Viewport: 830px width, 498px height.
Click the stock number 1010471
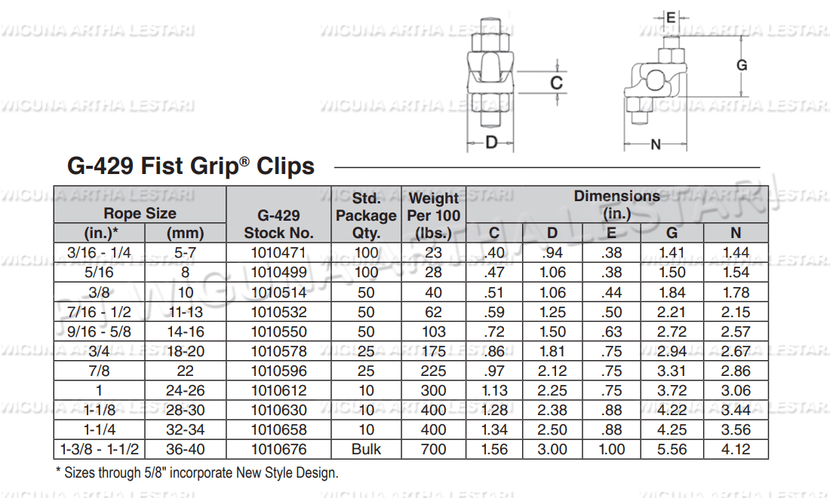click(x=278, y=253)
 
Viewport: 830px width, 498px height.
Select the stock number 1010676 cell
click(x=278, y=449)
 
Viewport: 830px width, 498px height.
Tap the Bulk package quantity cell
click(x=366, y=449)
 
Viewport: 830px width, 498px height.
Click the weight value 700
click(x=433, y=449)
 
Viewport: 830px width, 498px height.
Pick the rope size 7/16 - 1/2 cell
click(x=99, y=312)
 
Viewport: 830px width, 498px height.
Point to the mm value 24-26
click(x=185, y=390)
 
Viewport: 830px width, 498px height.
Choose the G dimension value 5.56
click(x=672, y=449)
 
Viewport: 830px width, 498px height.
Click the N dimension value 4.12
click(x=736, y=449)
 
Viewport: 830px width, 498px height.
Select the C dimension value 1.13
click(x=493, y=390)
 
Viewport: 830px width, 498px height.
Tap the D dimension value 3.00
click(x=553, y=449)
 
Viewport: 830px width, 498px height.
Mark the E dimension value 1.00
click(x=611, y=449)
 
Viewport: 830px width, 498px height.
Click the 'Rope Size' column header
click(x=140, y=213)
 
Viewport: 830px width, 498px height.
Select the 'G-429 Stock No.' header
click(x=278, y=224)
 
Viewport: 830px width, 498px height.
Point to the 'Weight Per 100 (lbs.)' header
click(x=433, y=215)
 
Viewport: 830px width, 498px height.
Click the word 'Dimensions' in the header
click(x=616, y=196)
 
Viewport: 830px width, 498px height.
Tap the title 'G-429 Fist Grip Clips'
click(x=191, y=166)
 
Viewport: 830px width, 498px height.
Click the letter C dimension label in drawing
click(x=556, y=83)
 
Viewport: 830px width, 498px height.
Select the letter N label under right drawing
click(x=655, y=144)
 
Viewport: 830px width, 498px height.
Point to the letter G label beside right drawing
click(x=742, y=66)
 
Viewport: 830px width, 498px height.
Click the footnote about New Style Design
click(x=198, y=473)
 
